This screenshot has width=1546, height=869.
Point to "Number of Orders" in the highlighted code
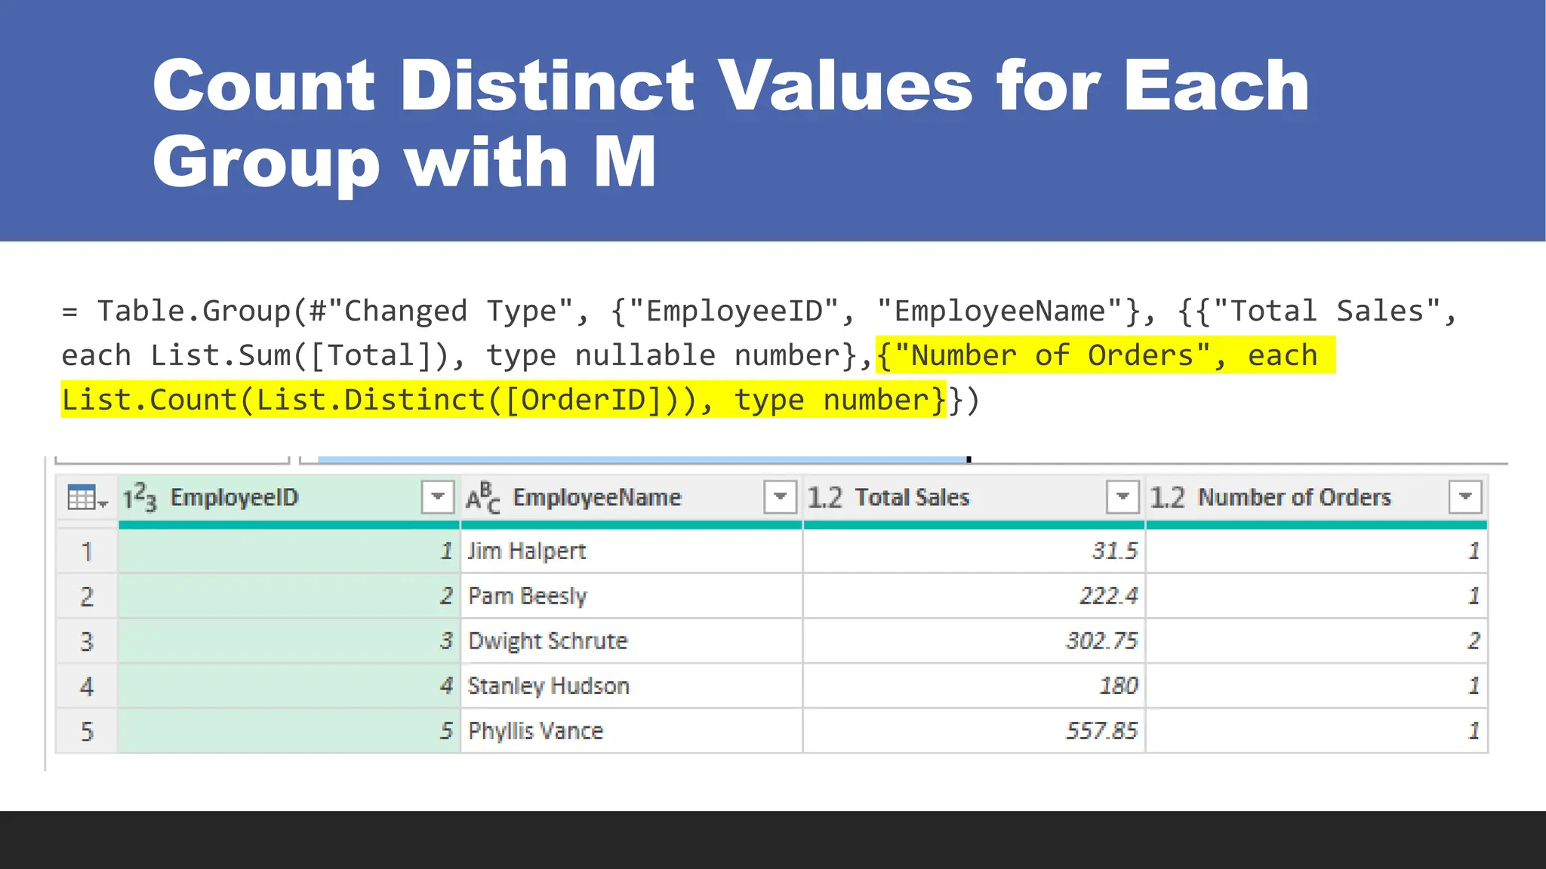(1051, 355)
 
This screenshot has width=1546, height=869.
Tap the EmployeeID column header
(234, 497)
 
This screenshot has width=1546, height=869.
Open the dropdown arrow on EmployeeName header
(780, 497)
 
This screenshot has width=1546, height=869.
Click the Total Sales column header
(912, 497)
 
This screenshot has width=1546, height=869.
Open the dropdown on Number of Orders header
(1465, 497)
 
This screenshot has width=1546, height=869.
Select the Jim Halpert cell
(527, 551)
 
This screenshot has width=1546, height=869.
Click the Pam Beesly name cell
(528, 596)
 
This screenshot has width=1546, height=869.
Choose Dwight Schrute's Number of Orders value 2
(1473, 640)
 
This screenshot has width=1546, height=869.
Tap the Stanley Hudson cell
(548, 686)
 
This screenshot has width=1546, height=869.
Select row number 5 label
(87, 731)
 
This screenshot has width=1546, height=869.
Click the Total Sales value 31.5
(1114, 551)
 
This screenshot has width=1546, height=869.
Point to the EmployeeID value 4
(446, 686)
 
